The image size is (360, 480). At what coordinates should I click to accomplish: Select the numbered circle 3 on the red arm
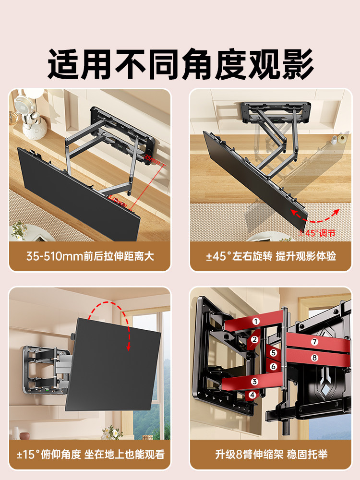coord(255,382)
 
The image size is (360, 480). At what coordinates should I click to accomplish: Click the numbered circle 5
coord(273,353)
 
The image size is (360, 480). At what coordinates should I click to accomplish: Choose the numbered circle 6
coord(273,366)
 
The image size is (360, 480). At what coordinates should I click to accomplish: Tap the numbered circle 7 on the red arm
coord(314,342)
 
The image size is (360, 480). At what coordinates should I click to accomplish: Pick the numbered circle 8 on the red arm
coord(314,358)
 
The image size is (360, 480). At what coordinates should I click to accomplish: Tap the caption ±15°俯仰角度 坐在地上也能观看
coord(90,454)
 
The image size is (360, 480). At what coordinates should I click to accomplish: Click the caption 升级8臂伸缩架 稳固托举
coord(271,454)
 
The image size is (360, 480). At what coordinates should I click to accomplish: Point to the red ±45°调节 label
coord(317,233)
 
